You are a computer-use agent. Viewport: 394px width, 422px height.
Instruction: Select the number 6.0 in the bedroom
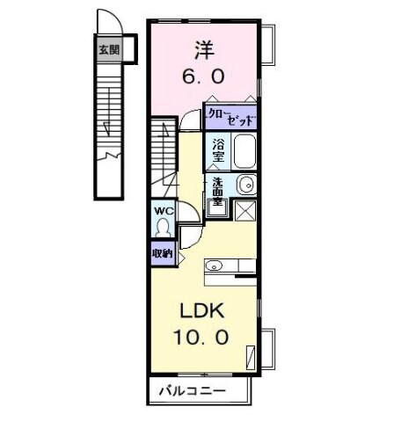point(203,76)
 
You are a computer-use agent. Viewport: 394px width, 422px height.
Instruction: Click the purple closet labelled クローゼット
point(230,115)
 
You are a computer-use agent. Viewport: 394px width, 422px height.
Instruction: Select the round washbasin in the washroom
point(246,185)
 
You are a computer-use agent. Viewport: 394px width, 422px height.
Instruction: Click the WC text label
point(163,212)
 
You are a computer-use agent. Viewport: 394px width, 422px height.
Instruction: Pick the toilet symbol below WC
point(163,228)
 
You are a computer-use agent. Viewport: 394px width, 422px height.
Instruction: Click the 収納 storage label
point(161,253)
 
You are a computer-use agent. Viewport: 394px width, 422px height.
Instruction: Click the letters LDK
point(203,311)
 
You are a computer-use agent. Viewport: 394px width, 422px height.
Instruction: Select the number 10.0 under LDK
point(203,337)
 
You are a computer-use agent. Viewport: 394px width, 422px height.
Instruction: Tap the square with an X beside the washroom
point(245,210)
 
